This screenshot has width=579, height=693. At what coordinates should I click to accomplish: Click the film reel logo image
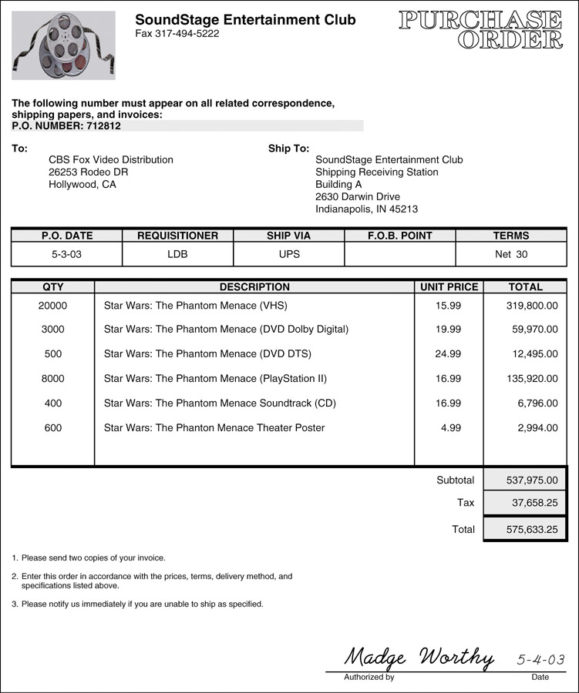64,45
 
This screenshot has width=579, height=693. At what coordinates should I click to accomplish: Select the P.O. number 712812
103,126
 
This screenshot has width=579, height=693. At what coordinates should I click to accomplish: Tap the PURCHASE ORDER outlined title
480,30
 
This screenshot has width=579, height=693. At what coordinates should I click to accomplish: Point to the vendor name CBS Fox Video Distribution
111,159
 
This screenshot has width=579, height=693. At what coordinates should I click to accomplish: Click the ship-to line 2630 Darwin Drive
358,196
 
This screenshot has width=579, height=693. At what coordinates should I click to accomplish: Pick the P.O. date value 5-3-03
66,254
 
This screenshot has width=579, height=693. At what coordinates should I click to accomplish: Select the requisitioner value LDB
177,254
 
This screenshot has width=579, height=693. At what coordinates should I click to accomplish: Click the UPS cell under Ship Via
289,254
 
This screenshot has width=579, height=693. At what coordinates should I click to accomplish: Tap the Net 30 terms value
511,254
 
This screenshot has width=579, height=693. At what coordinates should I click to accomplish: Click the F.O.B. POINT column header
399,236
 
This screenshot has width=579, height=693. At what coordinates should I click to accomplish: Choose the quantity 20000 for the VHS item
52,306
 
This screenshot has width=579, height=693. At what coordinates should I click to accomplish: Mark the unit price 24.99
448,354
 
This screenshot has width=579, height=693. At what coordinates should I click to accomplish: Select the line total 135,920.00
532,379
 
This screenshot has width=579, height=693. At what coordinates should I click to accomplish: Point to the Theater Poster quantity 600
52,428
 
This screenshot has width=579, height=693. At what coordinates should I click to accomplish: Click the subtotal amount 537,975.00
532,480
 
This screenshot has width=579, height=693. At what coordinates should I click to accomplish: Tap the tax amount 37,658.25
535,503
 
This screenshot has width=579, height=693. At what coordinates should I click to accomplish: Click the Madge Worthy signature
419,657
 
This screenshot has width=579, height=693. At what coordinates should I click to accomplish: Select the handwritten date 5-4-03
540,660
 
